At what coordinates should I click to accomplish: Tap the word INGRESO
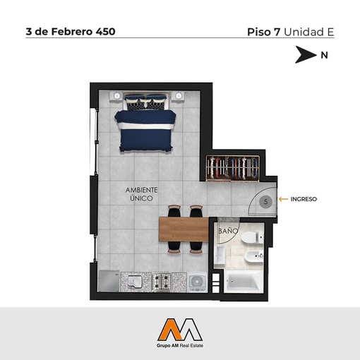(304, 199)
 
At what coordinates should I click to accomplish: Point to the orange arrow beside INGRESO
(284, 199)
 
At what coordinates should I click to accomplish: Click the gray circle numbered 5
(265, 202)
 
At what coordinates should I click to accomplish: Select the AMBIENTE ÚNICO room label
(141, 194)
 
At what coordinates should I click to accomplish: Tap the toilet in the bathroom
(252, 237)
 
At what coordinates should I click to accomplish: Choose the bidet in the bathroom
(253, 256)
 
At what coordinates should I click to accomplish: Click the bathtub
(244, 281)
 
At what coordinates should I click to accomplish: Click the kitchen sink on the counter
(135, 282)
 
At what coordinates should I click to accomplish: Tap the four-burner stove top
(161, 282)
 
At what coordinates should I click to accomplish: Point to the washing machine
(198, 282)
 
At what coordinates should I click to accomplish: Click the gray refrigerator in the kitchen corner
(109, 281)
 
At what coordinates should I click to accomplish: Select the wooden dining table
(184, 229)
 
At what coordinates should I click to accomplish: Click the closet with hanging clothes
(232, 168)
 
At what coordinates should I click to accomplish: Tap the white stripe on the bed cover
(147, 126)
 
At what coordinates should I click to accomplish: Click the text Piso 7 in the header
(263, 32)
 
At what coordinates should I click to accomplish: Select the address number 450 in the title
(105, 32)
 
